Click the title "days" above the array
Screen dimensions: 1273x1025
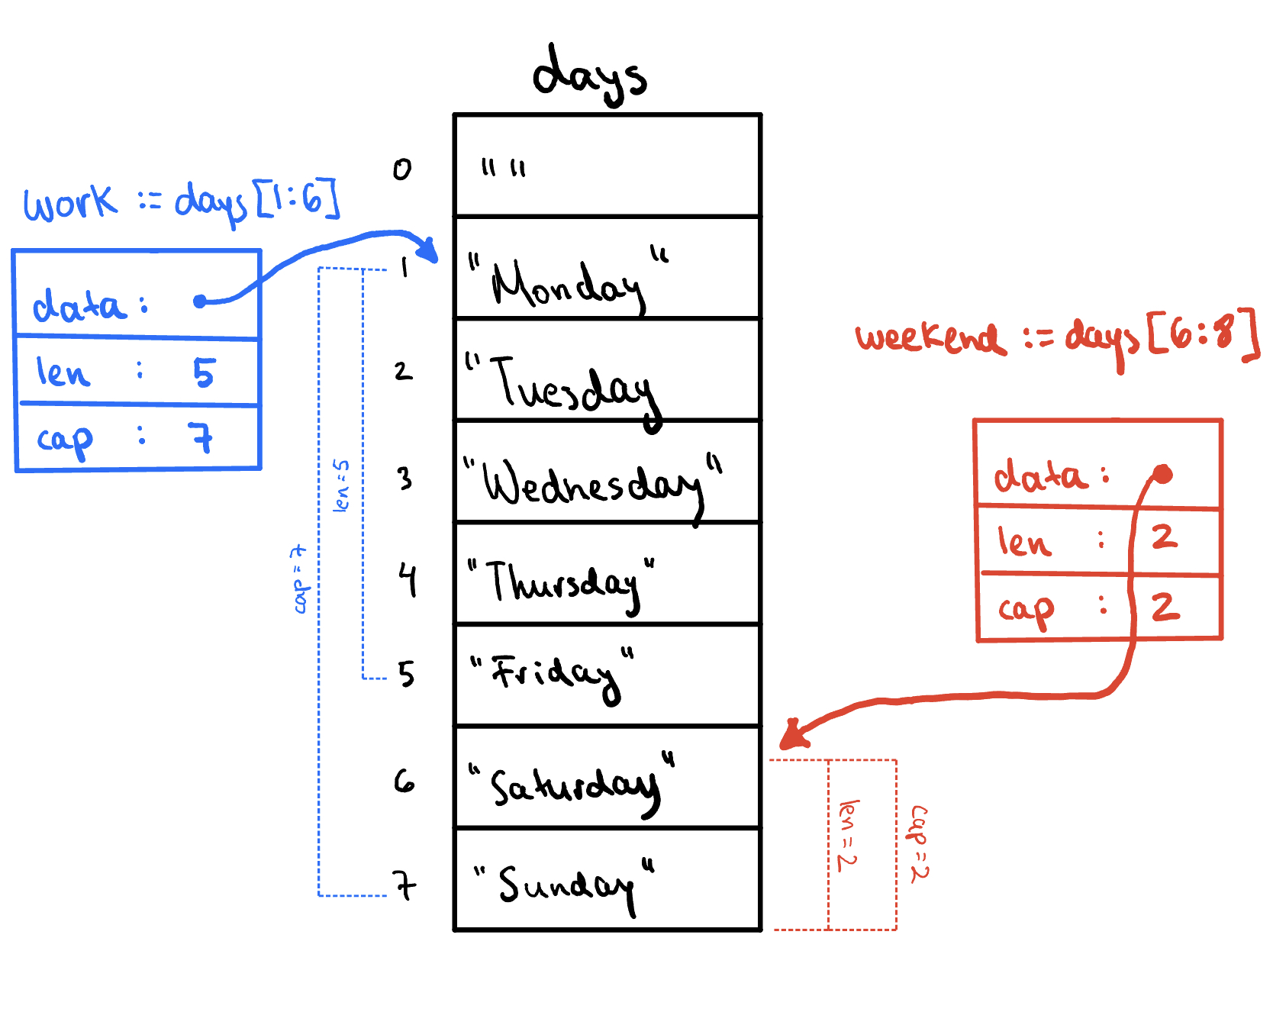coord(589,74)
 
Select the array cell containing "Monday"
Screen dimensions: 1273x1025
coord(607,267)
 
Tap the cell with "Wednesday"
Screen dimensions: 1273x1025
coord(607,471)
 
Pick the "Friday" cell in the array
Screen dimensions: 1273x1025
coord(607,675)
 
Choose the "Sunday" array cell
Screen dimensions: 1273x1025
coord(607,878)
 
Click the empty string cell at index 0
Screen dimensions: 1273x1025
coord(607,165)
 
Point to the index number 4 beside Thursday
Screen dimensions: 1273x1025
coord(408,580)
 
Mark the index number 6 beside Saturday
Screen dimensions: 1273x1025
coord(404,781)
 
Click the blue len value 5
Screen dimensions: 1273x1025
coord(204,372)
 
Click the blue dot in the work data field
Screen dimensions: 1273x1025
coord(200,301)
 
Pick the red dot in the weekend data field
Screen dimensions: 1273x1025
coord(1162,474)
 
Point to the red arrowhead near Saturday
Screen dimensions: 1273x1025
coord(791,736)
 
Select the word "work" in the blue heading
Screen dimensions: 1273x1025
coord(70,203)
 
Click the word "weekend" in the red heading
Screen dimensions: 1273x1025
coord(930,337)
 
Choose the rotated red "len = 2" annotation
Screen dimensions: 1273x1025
coord(848,835)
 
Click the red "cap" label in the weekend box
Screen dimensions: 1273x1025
coord(1026,609)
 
